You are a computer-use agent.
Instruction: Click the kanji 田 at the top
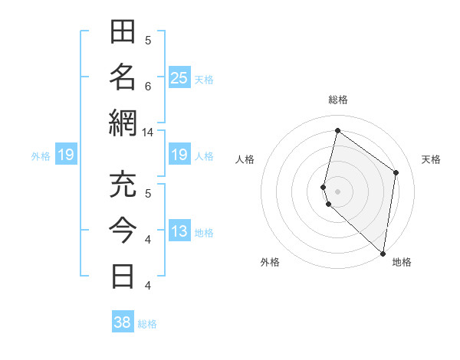[123, 33]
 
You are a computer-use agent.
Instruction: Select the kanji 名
[123, 77]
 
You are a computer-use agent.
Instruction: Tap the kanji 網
[123, 123]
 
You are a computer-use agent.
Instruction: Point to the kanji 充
[123, 185]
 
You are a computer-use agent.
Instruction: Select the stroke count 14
[148, 132]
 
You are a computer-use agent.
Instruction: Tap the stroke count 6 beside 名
[148, 86]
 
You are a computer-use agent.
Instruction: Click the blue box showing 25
[179, 78]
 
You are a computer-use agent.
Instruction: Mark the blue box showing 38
[122, 322]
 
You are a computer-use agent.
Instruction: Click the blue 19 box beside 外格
[66, 155]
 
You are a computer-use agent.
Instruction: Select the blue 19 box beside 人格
[179, 155]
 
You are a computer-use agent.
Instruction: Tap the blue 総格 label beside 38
[148, 324]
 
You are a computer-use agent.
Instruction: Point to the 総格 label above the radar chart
[338, 100]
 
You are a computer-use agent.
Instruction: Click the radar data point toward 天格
[396, 172]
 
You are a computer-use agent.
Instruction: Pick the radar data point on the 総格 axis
[337, 130]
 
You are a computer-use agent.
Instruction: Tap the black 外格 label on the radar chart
[270, 262]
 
